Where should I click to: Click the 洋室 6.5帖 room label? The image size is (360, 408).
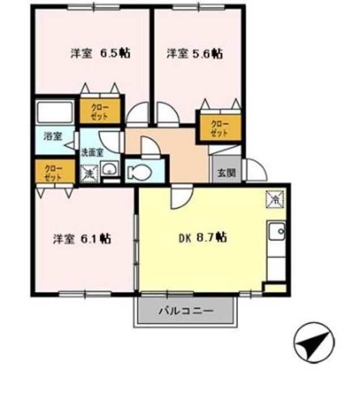101,54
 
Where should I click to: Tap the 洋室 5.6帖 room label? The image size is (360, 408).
194,54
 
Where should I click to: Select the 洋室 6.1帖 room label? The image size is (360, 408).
82,239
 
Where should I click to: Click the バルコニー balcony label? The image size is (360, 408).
185,311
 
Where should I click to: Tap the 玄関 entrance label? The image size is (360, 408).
226,173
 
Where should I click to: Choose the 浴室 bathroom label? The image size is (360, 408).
54,137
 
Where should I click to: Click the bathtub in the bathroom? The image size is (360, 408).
55,113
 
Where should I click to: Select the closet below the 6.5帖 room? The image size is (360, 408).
100,110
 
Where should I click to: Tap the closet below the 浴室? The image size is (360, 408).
54,171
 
